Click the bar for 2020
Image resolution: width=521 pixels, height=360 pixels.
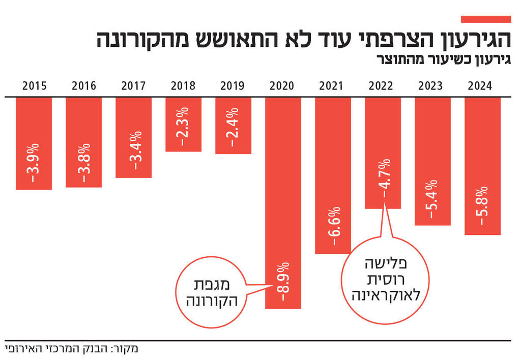(x=283, y=203)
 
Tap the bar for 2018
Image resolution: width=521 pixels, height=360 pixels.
(x=183, y=124)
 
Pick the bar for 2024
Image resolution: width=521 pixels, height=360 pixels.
(x=482, y=166)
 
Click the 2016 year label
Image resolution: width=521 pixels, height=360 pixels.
(x=84, y=85)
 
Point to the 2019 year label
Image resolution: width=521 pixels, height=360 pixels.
(x=233, y=85)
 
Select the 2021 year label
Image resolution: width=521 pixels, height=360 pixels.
(x=331, y=85)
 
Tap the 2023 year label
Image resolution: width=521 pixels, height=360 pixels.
(x=430, y=85)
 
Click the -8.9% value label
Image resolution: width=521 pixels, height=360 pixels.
(x=283, y=285)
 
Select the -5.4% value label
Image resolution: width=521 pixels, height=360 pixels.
(x=432, y=198)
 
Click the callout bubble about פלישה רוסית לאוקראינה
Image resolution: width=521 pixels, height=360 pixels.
(x=385, y=280)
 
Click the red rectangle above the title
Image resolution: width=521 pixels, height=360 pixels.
(x=485, y=19)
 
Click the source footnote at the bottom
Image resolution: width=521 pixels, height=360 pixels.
(x=71, y=349)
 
